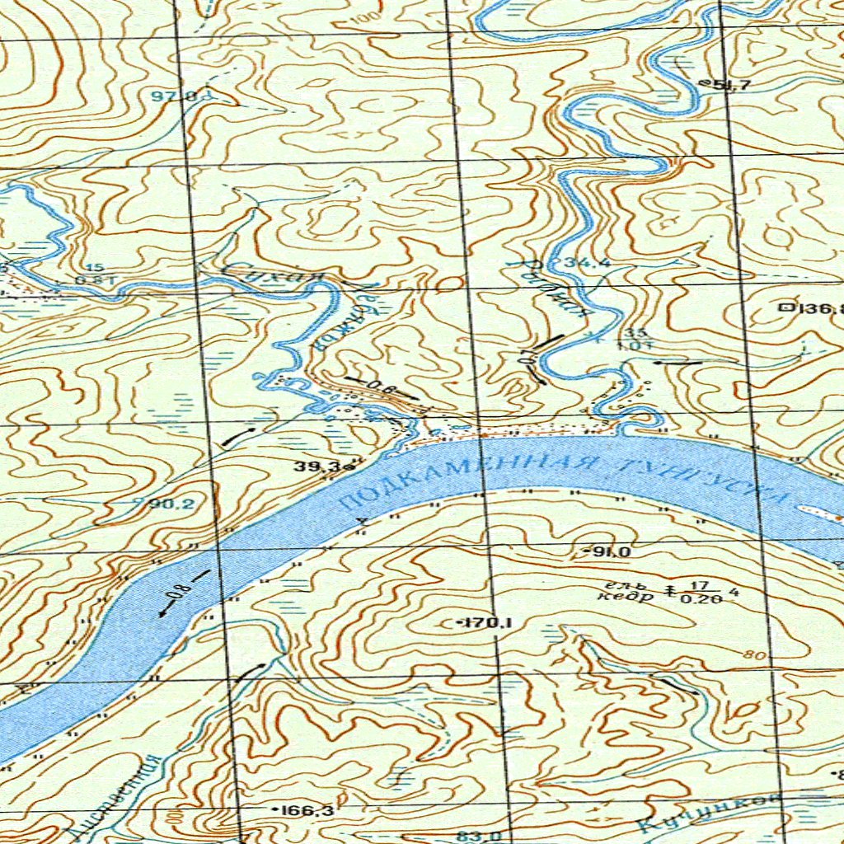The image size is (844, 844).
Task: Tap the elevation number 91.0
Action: coord(609,551)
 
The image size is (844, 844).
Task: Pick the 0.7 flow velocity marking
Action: coord(529,359)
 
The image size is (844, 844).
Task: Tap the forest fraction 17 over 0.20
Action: coord(699,591)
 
